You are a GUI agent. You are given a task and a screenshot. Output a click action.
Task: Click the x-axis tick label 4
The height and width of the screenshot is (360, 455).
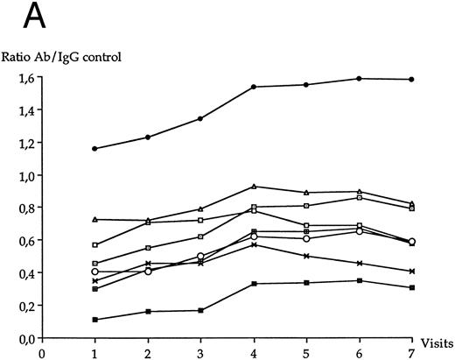point(253,356)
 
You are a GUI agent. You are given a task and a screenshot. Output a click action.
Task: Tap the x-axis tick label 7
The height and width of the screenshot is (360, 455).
point(411,356)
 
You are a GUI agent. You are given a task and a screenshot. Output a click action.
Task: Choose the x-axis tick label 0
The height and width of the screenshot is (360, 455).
point(42,356)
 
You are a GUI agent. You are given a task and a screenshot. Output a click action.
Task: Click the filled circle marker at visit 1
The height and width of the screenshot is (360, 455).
point(94,149)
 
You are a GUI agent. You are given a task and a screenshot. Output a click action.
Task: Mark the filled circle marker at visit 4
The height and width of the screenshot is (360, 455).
point(253,87)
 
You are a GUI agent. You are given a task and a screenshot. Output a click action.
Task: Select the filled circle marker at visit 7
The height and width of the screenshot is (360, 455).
point(411,80)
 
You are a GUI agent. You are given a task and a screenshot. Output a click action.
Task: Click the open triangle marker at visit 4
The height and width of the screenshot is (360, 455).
point(253,187)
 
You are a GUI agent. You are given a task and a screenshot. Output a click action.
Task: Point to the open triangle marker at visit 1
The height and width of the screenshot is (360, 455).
point(94,219)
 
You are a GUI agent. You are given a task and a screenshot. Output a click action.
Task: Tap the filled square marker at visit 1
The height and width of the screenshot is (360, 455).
point(94,320)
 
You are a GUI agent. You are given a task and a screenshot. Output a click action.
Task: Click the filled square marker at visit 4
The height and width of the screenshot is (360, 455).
point(253,284)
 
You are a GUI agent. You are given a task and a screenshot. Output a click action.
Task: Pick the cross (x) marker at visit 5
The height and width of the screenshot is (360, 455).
point(305,256)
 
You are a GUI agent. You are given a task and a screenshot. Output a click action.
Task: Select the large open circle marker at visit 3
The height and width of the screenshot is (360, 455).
point(200,257)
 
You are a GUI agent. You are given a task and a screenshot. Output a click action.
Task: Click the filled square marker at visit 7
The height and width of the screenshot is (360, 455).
point(411,287)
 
